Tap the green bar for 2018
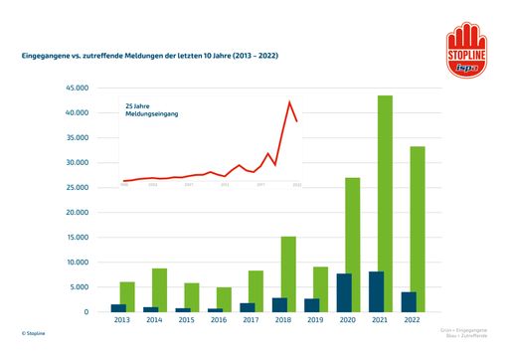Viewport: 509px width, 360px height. (x=287, y=274)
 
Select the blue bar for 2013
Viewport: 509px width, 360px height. (x=118, y=308)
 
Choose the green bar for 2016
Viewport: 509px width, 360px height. (x=225, y=299)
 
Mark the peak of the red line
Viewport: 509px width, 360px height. (x=289, y=101)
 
